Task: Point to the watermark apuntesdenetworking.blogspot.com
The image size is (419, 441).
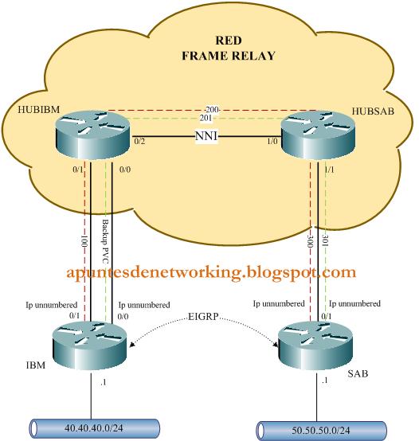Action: [x=209, y=272]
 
